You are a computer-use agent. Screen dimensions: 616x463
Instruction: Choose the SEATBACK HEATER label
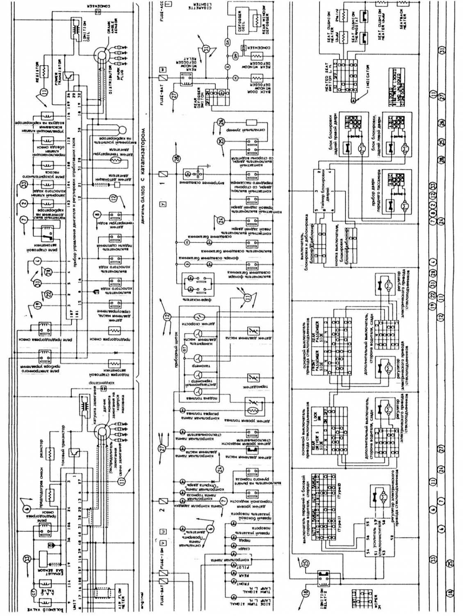point(403,20)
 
